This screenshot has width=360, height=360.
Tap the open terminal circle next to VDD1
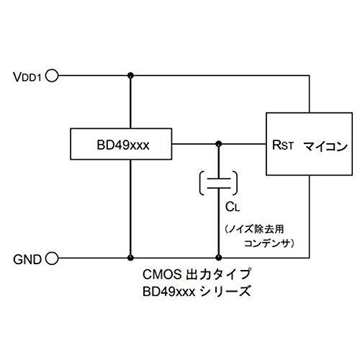click(x=52, y=75)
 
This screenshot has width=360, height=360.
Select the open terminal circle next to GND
click(x=52, y=257)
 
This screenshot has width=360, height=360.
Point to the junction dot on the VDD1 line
click(x=130, y=75)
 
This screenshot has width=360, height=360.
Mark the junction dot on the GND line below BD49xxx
click(x=130, y=257)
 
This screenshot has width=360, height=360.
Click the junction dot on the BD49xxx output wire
click(x=218, y=144)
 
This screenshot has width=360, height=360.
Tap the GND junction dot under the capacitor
click(x=218, y=257)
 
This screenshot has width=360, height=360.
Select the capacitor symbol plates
click(x=218, y=183)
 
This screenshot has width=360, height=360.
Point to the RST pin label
click(x=282, y=144)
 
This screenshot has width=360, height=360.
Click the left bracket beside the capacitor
click(x=199, y=183)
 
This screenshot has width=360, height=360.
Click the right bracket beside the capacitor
click(x=237, y=183)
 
